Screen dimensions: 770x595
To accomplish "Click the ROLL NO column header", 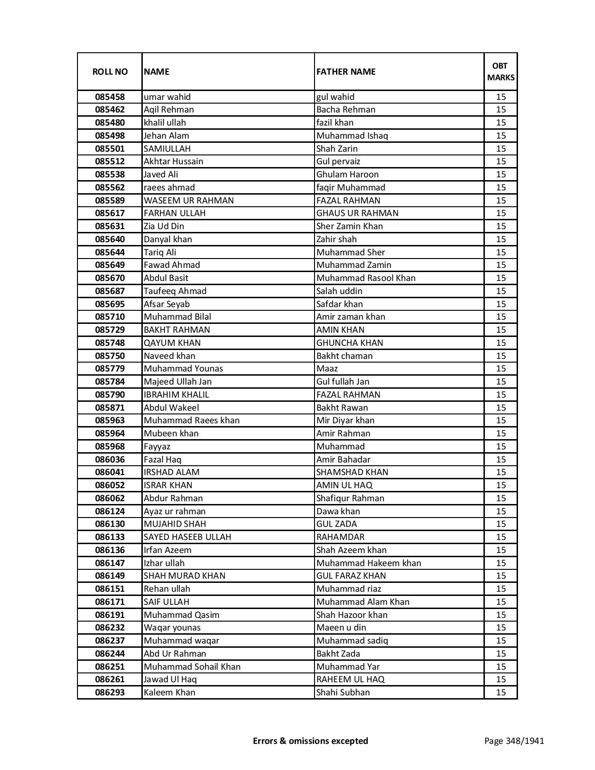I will point(110,71).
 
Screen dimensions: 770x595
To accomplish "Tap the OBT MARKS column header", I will point(501,71).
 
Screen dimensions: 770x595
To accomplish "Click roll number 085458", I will point(110,97).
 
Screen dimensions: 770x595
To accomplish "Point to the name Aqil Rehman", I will point(168,110).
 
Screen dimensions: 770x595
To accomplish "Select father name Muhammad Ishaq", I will point(352,136).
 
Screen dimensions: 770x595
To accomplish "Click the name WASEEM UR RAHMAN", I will point(189,200).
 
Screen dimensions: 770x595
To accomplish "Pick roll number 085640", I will point(110,239).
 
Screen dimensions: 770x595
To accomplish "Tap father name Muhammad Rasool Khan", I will point(366,278).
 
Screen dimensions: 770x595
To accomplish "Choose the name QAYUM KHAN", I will point(172,343).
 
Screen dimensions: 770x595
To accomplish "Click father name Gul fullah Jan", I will point(343,382).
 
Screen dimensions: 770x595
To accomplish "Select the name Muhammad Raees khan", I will point(191,420).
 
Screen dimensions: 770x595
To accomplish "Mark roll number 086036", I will point(110,460).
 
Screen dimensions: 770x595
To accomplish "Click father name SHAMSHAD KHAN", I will point(352,472).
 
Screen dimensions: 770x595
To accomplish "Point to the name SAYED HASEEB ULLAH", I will point(187,537).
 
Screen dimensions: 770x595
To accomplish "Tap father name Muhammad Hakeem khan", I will point(369,563).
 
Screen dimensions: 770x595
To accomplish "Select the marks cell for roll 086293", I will point(501,693).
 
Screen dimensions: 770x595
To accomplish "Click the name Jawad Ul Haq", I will point(170,679).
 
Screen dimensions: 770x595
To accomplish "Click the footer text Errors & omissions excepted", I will point(310,741).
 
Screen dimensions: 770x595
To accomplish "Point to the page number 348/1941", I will point(514,741).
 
